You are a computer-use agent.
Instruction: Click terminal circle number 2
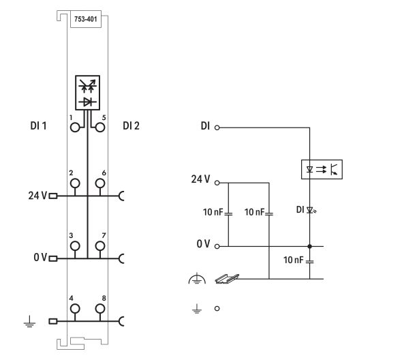pyautogui.click(x=74, y=183)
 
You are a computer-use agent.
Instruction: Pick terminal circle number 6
pyautogui.click(x=100, y=183)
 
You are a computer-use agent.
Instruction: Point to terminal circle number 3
pyautogui.click(x=74, y=245)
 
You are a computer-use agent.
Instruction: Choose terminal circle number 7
pyautogui.click(x=100, y=245)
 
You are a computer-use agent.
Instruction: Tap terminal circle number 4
pyautogui.click(x=74, y=308)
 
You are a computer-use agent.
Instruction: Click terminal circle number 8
pyautogui.click(x=100, y=308)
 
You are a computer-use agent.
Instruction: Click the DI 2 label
pyautogui.click(x=132, y=126)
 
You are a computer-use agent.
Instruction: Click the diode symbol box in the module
pyautogui.click(x=87, y=93)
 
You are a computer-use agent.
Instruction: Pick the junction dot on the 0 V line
pyautogui.click(x=309, y=245)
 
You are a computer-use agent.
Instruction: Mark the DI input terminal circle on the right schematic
pyautogui.click(x=217, y=127)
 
